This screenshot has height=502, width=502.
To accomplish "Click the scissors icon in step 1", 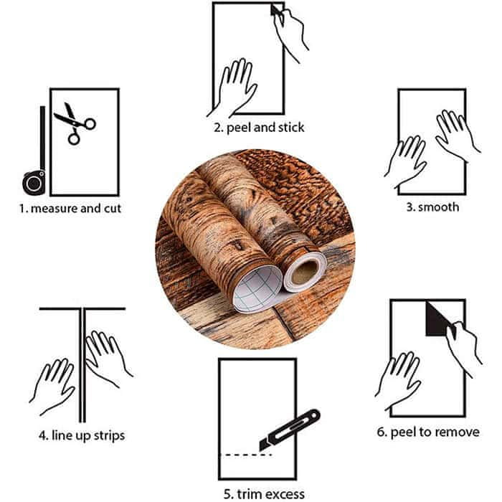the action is tap(75, 123).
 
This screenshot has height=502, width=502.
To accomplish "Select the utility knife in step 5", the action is tap(289, 430).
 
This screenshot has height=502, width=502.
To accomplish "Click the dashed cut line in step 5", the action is tap(245, 455).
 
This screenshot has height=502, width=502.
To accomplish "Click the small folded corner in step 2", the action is tap(275, 9).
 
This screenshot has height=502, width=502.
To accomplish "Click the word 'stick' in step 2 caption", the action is tap(291, 128).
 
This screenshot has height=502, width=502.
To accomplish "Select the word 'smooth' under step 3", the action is tap(439, 207).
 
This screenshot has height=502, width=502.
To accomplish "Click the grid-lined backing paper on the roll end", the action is tap(258, 289).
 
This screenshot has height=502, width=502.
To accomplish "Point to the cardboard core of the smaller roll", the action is tap(305, 272).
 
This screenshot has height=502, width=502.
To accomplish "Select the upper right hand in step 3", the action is tap(456, 135).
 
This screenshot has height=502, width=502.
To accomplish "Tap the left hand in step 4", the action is tap(53, 386).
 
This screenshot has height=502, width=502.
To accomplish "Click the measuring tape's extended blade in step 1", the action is tap(42, 138).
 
